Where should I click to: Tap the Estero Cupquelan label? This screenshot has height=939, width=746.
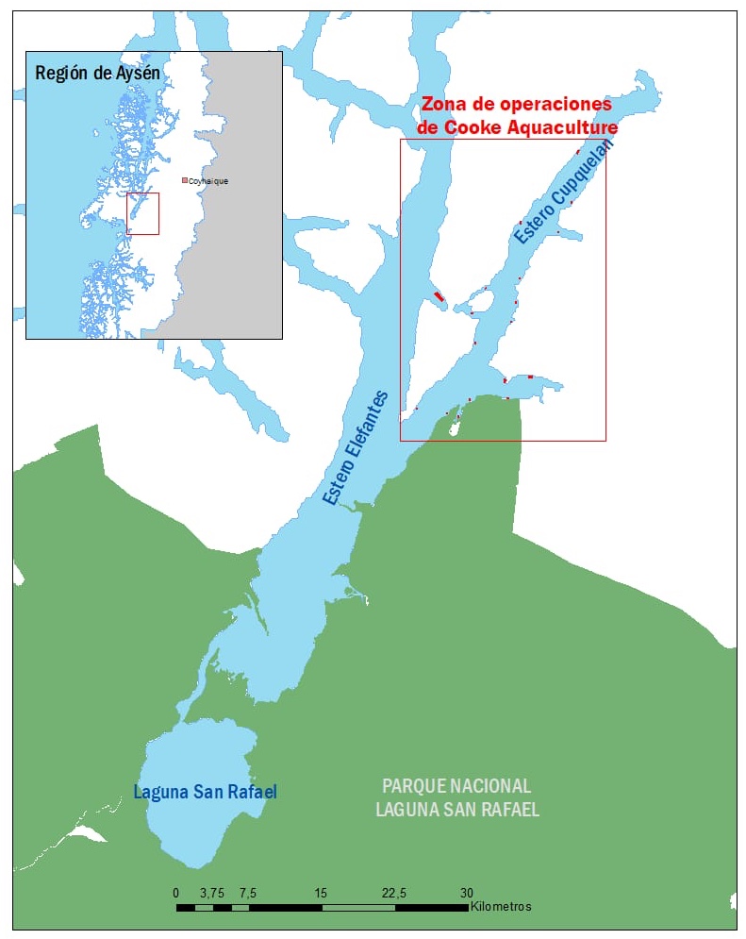tap(563, 192)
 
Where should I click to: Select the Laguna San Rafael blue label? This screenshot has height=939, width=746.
tap(205, 792)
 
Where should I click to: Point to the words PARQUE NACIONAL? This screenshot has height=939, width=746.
tap(456, 786)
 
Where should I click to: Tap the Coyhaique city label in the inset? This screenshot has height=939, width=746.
tap(209, 180)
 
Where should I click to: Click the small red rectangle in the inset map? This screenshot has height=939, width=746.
tap(142, 213)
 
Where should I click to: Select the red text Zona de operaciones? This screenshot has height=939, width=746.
tap(516, 105)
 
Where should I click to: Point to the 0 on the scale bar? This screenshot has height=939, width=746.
tap(176, 893)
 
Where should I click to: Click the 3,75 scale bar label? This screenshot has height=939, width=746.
tap(212, 893)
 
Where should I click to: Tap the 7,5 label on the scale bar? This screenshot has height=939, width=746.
tap(249, 893)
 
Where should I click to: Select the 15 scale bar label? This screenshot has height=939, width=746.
tap(322, 893)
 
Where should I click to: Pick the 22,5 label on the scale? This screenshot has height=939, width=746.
tap(394, 893)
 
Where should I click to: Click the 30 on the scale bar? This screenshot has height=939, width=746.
tap(467, 893)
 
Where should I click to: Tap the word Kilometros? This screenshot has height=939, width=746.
tap(502, 907)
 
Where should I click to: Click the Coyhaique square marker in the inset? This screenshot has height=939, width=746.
tap(185, 180)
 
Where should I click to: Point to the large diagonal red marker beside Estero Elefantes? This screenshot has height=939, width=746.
tap(439, 296)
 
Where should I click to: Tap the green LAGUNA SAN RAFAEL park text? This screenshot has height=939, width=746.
tap(456, 810)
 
